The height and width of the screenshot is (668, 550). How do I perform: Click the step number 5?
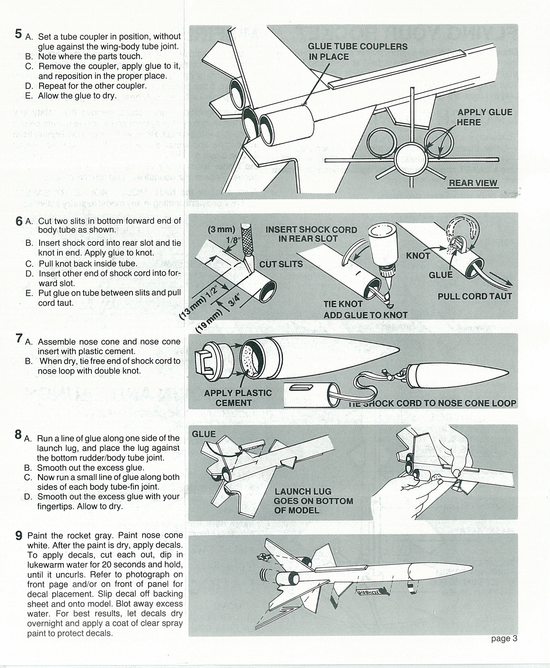point(18,34)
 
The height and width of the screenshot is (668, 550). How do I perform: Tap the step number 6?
point(19,221)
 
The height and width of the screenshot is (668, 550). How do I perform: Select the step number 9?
point(19,535)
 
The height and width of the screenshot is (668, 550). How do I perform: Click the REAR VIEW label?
point(473,183)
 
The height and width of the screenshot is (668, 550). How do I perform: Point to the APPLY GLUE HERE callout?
point(485,117)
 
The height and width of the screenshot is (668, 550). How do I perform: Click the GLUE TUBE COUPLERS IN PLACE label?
point(357,52)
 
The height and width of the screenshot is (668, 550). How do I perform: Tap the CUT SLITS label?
point(281,264)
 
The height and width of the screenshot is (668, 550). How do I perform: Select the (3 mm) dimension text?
point(222,229)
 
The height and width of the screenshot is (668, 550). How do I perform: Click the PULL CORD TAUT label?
point(475,296)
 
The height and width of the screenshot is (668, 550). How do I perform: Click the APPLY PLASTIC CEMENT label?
point(238,398)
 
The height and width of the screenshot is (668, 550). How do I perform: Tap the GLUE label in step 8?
point(204,434)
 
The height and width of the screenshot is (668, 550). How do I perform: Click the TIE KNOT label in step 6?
point(343,304)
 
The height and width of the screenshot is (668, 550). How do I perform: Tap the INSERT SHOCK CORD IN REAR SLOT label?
point(311,234)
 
